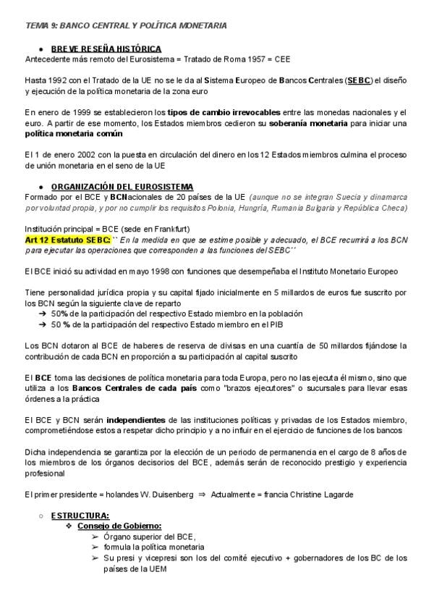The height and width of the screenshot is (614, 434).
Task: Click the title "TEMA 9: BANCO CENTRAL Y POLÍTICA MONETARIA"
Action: (x=125, y=25)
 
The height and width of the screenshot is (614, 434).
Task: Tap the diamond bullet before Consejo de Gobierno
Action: (x=69, y=526)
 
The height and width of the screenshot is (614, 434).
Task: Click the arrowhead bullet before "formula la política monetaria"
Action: (x=96, y=547)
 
